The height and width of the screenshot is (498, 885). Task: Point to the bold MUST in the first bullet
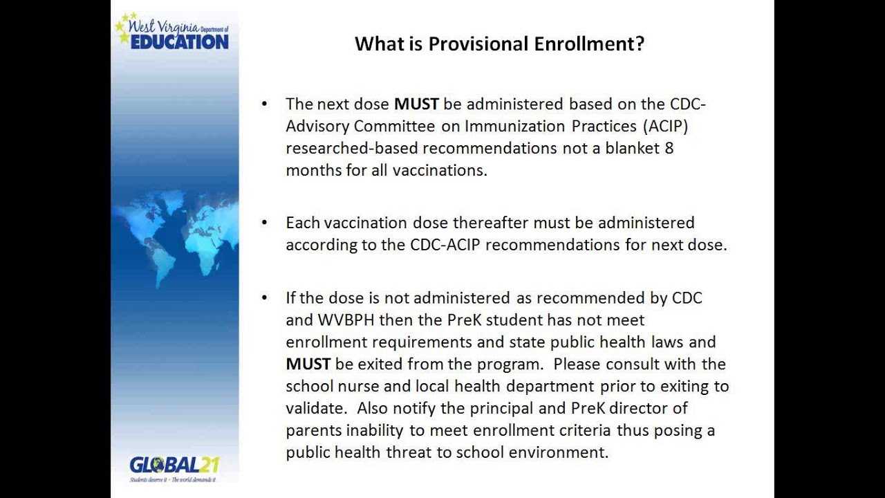[416, 104]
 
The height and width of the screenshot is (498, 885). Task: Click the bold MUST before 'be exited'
[308, 364]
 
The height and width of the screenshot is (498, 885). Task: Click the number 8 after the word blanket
[669, 149]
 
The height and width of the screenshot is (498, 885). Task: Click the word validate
[313, 408]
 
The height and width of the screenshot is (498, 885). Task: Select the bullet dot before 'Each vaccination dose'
[264, 223]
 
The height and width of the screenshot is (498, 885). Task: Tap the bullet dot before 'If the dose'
[264, 297]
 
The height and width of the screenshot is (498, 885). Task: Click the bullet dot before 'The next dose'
[264, 104]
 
